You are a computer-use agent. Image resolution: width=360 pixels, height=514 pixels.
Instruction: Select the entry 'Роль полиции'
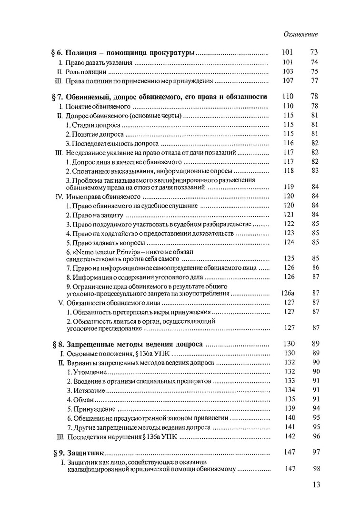[x=85, y=72]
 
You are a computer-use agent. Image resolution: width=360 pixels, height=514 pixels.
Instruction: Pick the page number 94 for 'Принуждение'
[x=315, y=409]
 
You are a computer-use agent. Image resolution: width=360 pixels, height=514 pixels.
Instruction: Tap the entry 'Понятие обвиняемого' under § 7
[x=99, y=106]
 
